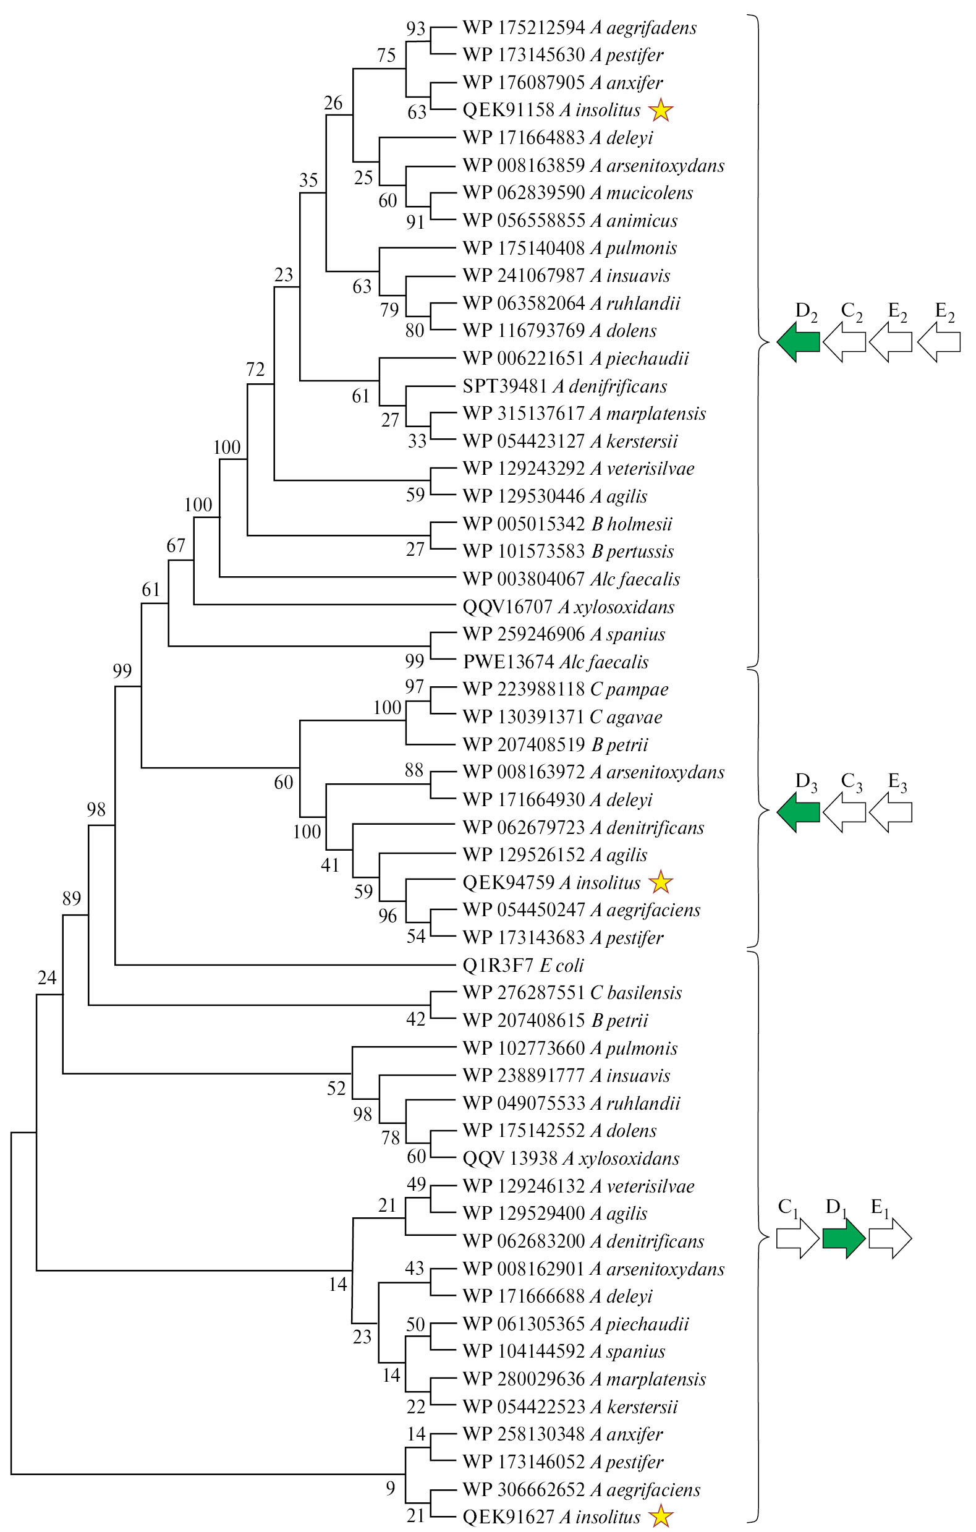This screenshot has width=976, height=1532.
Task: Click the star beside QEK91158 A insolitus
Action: (660, 111)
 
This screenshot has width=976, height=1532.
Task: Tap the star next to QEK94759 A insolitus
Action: (660, 882)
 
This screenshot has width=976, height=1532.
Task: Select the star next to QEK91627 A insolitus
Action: (660, 1517)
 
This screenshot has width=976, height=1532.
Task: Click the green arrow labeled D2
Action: (798, 343)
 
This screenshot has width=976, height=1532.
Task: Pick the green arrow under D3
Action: (798, 812)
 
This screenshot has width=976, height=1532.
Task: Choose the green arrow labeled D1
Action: (844, 1238)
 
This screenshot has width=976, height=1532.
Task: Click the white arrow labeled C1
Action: (797, 1238)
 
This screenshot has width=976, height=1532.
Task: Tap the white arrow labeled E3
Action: (890, 812)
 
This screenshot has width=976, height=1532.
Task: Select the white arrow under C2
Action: (844, 343)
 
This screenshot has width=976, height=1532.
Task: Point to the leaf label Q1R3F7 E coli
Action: (523, 965)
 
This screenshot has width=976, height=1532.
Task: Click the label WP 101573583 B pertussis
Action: (568, 551)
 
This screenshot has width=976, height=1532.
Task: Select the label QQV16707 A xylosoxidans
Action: (568, 606)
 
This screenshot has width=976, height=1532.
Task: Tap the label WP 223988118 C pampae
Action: (566, 689)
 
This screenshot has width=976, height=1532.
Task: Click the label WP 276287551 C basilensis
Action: (572, 992)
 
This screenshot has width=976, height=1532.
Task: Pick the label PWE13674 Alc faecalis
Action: (556, 662)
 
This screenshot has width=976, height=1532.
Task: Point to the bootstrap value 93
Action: (415, 28)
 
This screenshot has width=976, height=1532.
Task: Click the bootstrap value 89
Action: (72, 898)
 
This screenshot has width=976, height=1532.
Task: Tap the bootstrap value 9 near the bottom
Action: (391, 1487)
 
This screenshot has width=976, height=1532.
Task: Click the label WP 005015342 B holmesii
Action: (567, 524)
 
